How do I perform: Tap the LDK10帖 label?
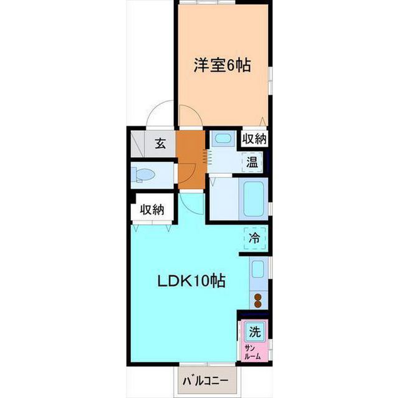(191, 281)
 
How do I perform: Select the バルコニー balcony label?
(205, 380)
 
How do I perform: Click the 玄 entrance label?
(160, 144)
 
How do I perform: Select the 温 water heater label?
(252, 163)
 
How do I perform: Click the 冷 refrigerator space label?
(254, 237)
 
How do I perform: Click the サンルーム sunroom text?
(253, 352)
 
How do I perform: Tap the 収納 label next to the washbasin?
(254, 139)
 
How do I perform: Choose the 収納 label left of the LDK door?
(151, 210)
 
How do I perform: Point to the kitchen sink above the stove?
(257, 269)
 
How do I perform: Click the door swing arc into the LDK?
(194, 204)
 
